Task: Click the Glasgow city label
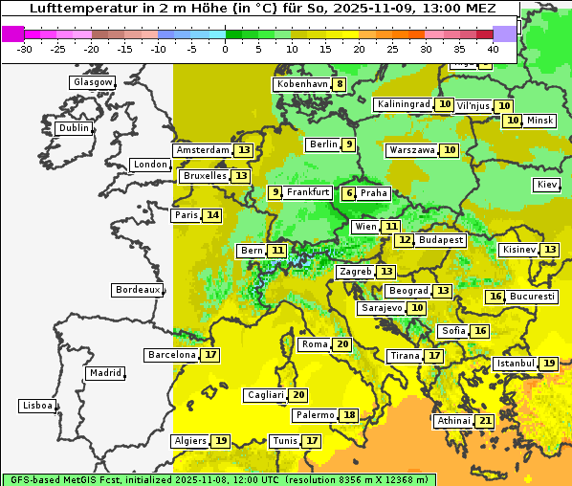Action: pos(92,82)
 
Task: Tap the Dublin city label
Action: pos(73,128)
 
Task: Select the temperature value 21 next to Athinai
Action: pos(486,421)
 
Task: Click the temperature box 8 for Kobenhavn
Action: pos(340,84)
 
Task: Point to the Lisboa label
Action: pos(36,406)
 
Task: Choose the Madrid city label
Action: pos(104,373)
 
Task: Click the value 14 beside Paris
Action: pos(212,215)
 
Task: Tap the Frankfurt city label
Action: pos(308,192)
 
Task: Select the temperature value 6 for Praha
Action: pos(349,193)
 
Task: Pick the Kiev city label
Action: pos(547,185)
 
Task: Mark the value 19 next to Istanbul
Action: pos(549,364)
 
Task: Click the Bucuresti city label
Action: pos(532,297)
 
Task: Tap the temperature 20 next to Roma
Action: pos(342,344)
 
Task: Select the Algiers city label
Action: pos(189,441)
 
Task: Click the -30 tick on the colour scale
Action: pos(25,49)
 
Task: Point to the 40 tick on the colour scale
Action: pos(493,49)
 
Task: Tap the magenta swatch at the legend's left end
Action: pos(13,33)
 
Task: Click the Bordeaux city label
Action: pos(137,290)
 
